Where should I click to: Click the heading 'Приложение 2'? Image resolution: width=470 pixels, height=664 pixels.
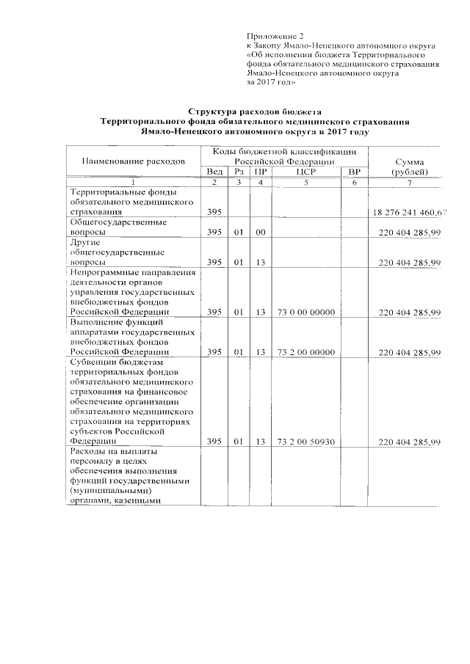coord(275,35)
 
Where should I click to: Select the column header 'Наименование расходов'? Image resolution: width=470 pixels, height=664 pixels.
coord(132,160)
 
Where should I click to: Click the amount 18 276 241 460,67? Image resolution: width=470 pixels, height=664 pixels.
coord(409,213)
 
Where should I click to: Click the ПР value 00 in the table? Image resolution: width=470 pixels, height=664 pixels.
coord(260,232)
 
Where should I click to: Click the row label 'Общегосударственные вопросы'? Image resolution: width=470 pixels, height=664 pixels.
coord(118,227)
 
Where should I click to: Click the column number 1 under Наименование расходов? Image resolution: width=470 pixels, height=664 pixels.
coord(132,181)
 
